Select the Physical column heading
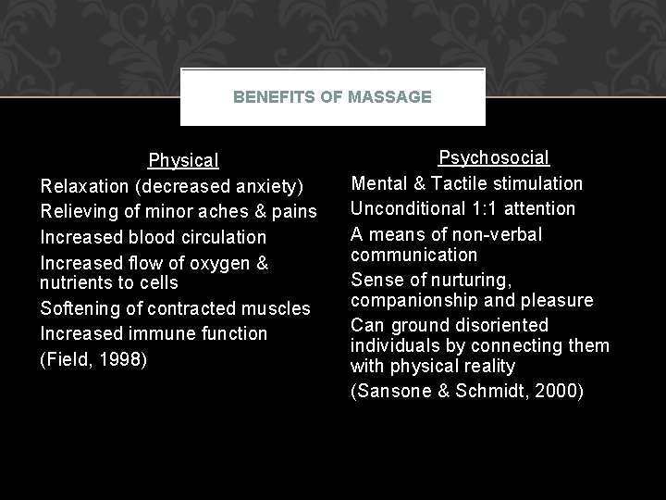[x=183, y=161]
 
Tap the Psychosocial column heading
[x=493, y=158]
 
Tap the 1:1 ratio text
[x=499, y=209]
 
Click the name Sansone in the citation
[x=393, y=392]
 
